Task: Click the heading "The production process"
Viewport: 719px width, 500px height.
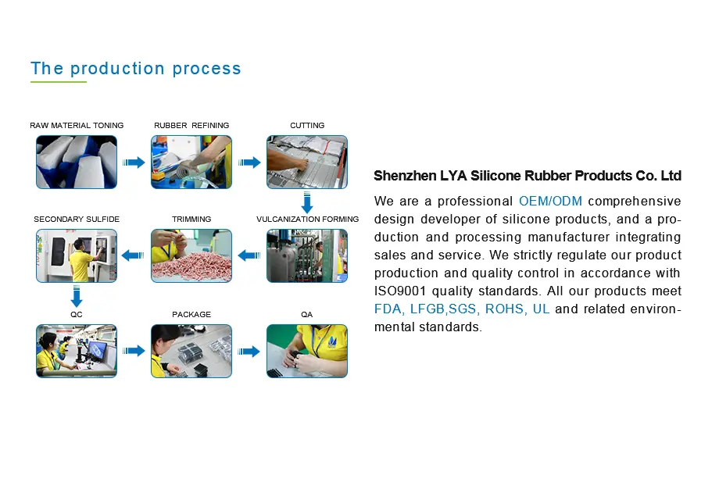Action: (136, 69)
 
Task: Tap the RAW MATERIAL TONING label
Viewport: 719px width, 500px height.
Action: (77, 126)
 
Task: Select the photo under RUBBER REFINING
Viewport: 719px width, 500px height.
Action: (191, 162)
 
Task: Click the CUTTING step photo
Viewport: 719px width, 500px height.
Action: (307, 162)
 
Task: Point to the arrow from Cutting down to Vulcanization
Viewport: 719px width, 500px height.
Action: (307, 202)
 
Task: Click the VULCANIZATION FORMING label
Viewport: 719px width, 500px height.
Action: (308, 220)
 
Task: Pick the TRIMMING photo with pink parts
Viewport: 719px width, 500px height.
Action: (191, 255)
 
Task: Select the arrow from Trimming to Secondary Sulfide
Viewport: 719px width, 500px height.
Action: (134, 255)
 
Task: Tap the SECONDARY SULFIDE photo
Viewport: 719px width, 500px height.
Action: (77, 255)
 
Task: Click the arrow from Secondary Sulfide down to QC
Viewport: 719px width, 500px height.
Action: (77, 296)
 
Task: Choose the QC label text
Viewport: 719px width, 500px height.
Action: (77, 314)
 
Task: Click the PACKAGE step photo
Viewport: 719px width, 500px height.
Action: (191, 351)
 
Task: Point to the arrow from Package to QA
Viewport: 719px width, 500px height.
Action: (249, 352)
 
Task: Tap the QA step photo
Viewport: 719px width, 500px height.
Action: (307, 351)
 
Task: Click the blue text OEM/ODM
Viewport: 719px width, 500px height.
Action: (550, 202)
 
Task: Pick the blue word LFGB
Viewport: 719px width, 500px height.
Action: (427, 309)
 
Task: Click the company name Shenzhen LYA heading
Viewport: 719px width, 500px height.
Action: (528, 176)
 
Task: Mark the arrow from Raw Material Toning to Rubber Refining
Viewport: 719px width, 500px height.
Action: (134, 162)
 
